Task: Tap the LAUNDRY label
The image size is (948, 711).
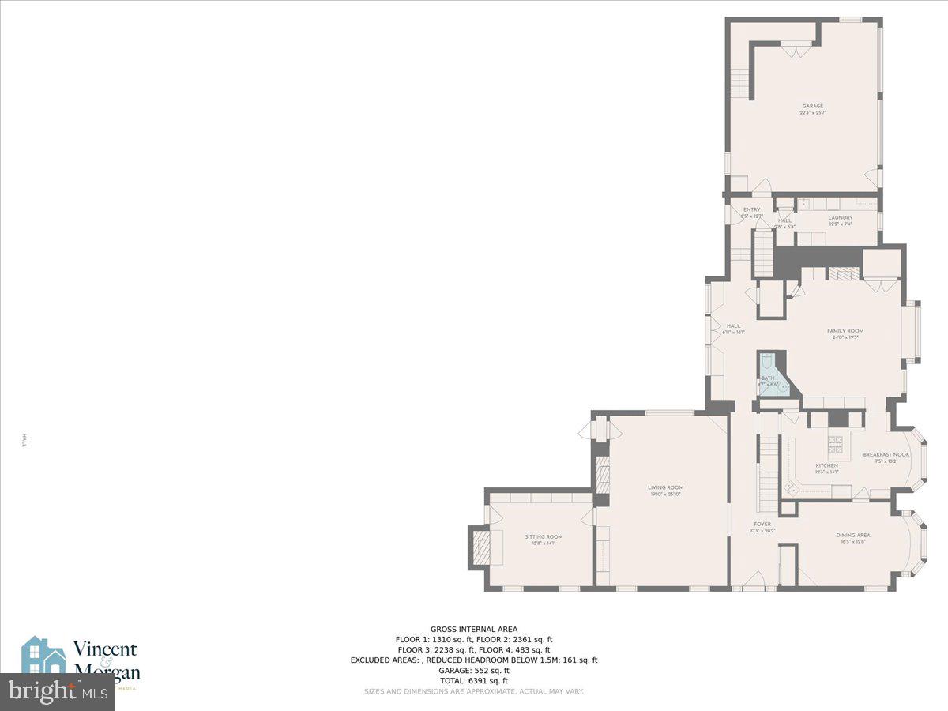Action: [x=841, y=218]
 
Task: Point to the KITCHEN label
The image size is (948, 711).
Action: [x=826, y=467]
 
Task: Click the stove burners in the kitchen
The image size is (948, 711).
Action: [x=835, y=442]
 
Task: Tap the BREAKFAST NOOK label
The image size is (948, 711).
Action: [x=886, y=456]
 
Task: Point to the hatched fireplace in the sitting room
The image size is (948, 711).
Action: [x=480, y=546]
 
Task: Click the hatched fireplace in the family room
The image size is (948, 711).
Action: [x=842, y=274]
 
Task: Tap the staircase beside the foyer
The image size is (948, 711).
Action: [x=768, y=474]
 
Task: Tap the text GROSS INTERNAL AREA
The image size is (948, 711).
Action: [x=474, y=630]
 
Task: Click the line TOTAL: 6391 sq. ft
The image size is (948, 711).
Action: [x=474, y=680]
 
